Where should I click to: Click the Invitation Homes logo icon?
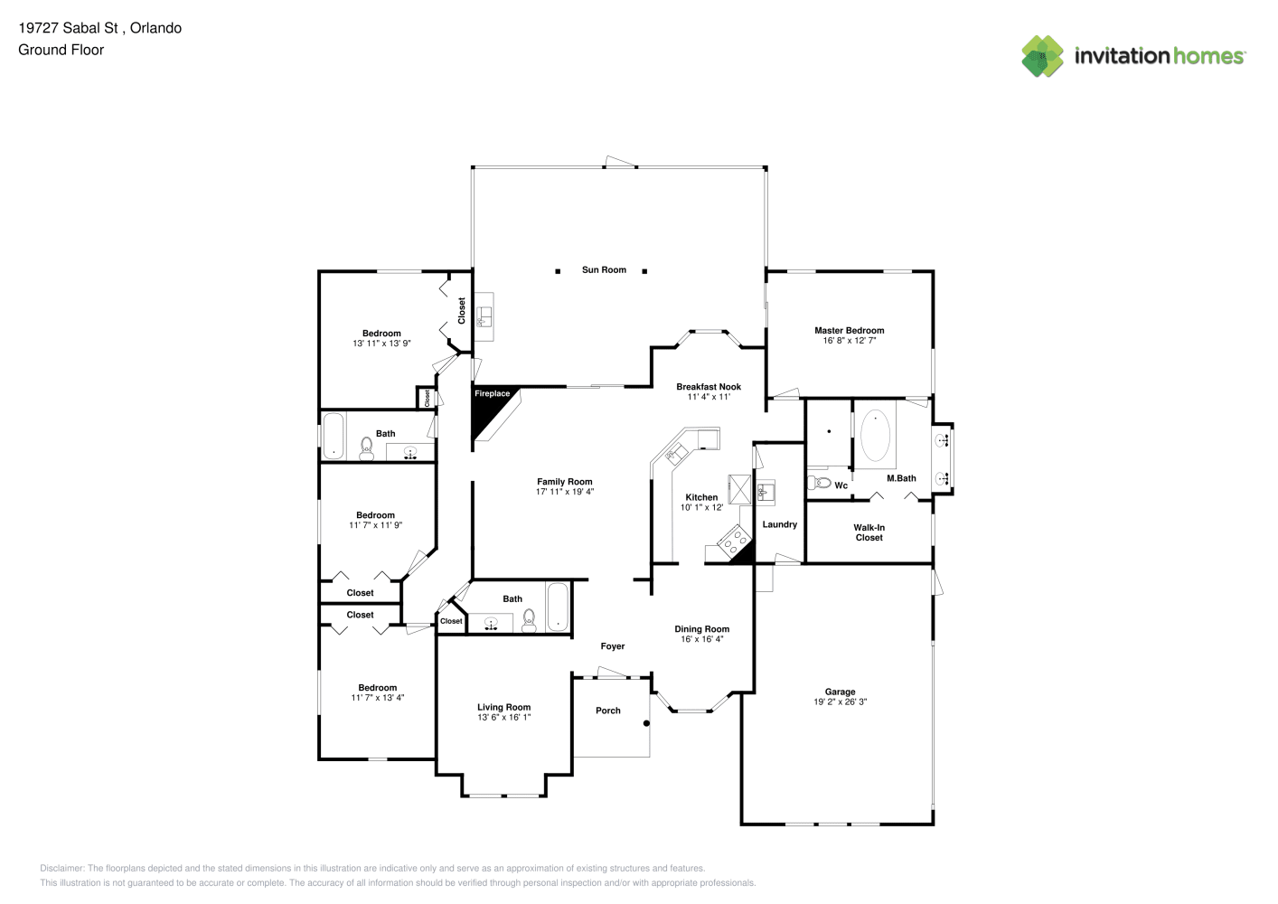point(1042,56)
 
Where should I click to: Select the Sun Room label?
point(604,270)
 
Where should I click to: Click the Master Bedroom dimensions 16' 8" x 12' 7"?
point(849,341)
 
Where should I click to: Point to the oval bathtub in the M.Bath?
point(875,436)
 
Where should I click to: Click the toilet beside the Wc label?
point(819,483)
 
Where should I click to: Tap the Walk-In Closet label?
point(869,532)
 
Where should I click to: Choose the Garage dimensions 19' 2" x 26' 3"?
point(840,702)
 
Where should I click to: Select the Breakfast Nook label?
point(709,386)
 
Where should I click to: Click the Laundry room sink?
point(766,492)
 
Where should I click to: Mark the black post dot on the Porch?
point(646,724)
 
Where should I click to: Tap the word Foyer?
point(612,646)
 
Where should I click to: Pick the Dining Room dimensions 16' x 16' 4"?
point(701,639)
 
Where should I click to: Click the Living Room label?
point(503,707)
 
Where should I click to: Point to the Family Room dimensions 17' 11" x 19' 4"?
point(564,492)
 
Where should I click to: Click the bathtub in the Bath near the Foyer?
point(558,607)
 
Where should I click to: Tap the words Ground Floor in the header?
point(61,50)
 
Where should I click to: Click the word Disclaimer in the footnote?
point(61,868)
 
